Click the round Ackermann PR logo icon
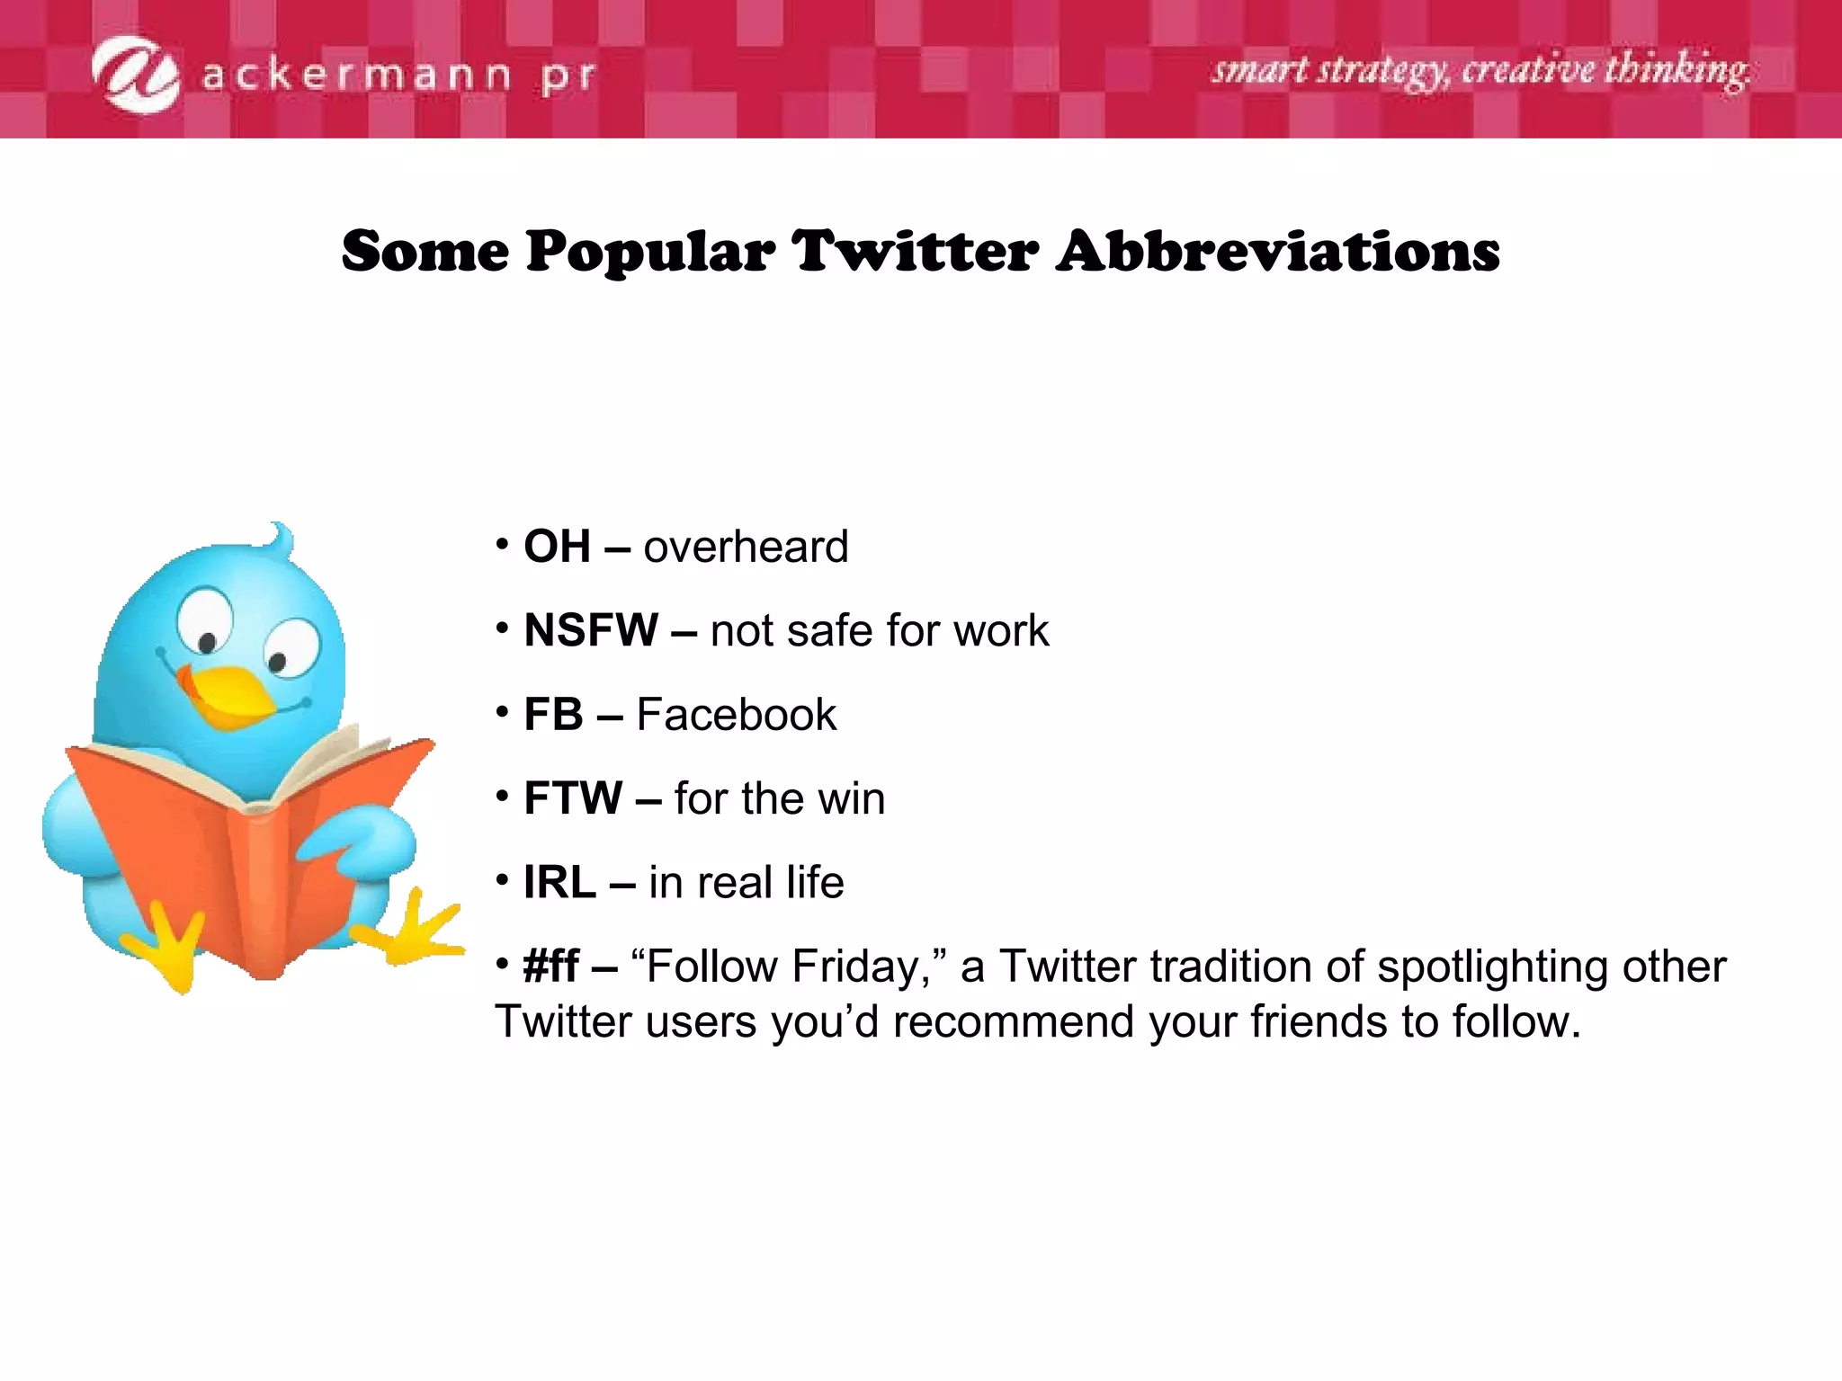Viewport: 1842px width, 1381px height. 136,74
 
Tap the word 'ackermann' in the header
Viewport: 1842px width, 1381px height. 356,76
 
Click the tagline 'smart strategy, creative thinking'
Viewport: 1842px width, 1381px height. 1480,70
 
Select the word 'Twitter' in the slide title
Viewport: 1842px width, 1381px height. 915,251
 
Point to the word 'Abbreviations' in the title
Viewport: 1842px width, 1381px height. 1278,251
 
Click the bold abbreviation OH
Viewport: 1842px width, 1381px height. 558,547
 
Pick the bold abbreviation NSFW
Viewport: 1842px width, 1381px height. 591,630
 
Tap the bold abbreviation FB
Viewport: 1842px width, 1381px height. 553,715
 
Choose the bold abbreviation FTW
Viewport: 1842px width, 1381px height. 573,798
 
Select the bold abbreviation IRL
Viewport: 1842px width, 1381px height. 559,883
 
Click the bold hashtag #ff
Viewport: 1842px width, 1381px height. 551,967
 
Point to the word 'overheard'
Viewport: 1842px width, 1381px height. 746,547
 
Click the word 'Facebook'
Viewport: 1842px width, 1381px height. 737,715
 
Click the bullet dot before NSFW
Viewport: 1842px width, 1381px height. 502,628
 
